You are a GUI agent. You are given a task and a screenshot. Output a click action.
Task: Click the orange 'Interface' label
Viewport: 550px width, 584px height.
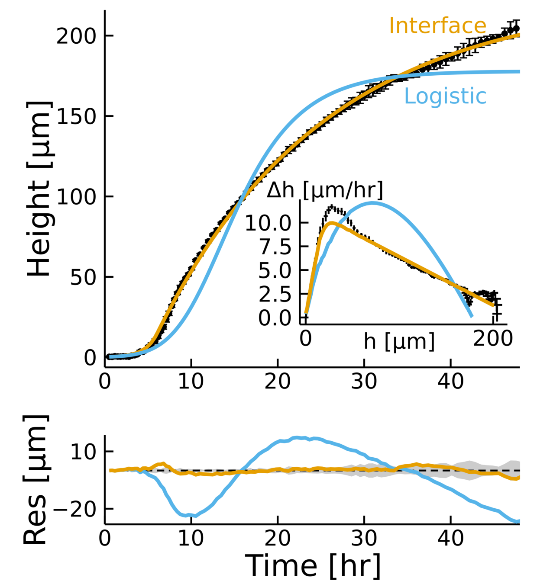437,26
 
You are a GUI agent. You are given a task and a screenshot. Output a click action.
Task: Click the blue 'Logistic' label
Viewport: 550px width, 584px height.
445,96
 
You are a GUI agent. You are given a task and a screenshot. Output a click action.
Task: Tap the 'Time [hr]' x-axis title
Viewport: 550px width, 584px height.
313,566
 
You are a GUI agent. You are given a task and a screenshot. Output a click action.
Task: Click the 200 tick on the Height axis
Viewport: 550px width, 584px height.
76,36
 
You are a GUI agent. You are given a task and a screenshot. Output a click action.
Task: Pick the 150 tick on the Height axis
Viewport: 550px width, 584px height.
76,116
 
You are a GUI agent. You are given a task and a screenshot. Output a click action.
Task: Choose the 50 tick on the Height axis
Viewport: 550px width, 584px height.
83,277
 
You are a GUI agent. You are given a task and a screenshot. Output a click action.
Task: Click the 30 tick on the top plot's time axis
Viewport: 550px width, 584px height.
364,382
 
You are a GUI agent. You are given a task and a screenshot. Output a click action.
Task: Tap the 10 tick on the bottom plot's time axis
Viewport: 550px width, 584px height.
191,538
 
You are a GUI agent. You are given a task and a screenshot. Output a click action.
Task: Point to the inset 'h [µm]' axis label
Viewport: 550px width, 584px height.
399,341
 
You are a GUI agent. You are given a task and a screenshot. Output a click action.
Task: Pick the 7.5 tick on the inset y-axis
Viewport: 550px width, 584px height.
275,247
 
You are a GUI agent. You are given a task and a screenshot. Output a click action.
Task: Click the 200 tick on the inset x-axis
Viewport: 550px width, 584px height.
493,338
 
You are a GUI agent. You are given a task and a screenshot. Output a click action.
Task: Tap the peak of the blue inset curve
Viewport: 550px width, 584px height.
372,202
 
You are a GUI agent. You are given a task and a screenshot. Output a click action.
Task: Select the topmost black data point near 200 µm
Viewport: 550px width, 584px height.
516,29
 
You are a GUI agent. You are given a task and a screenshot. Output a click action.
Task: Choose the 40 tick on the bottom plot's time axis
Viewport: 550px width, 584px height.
450,538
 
